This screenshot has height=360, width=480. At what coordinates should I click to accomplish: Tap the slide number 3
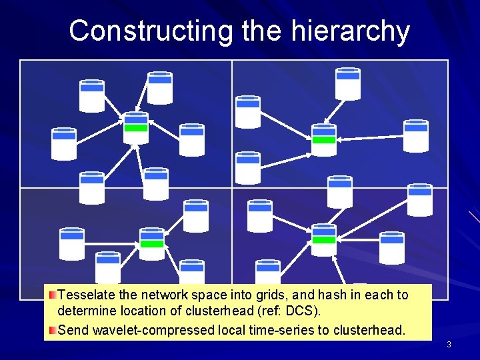click(x=449, y=345)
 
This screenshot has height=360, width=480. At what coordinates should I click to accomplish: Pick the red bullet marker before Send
click(x=51, y=329)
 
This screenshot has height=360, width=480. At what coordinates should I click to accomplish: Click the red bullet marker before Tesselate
click(x=51, y=294)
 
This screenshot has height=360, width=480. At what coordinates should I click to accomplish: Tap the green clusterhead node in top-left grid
click(x=136, y=126)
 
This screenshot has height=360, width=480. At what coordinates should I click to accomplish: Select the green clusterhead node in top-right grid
click(x=324, y=139)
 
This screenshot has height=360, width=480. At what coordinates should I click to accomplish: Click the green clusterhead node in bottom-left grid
click(x=152, y=242)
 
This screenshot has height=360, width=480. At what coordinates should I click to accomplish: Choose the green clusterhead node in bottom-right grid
click(x=324, y=238)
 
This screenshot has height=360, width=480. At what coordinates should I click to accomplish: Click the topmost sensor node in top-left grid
click(x=160, y=87)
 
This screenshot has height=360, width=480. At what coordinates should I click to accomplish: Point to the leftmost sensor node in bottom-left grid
click(x=71, y=243)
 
